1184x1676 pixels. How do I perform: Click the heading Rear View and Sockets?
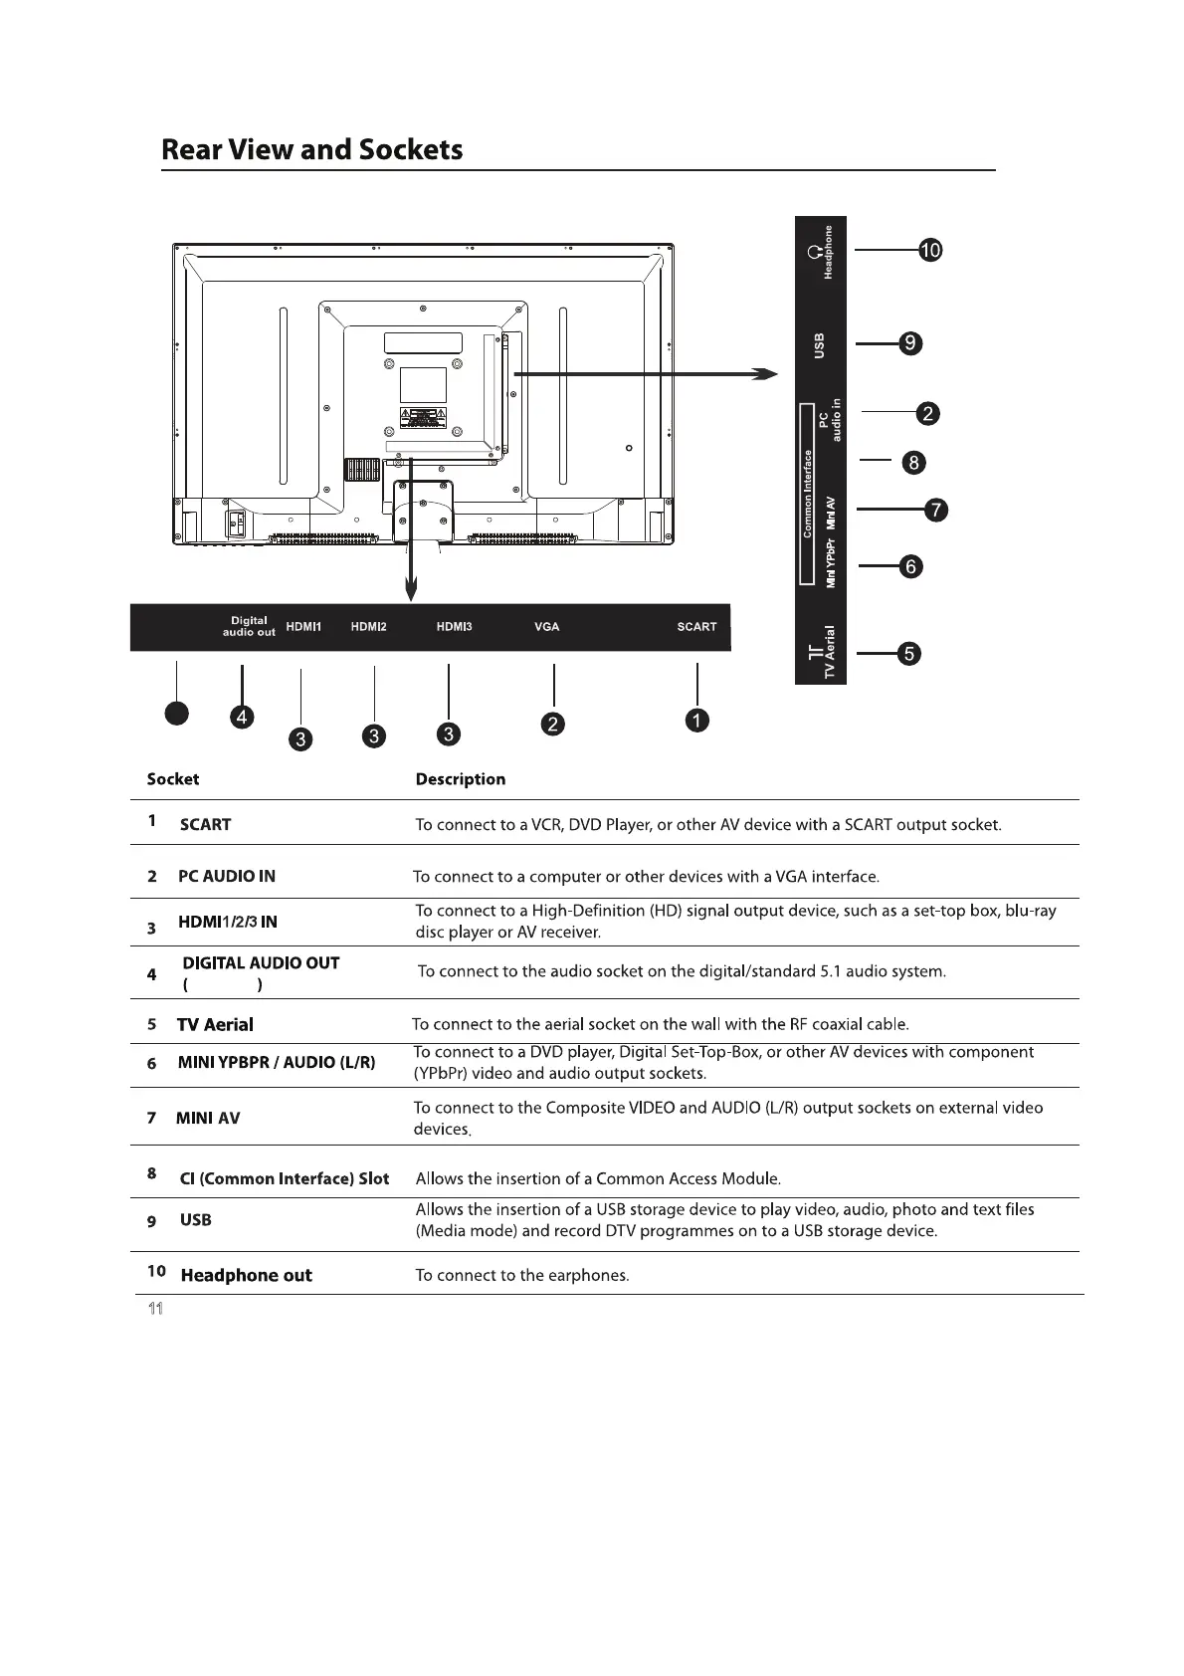pyautogui.click(x=311, y=150)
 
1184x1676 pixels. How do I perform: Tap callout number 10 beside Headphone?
pyautogui.click(x=929, y=251)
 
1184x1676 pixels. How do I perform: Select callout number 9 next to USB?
pyautogui.click(x=909, y=344)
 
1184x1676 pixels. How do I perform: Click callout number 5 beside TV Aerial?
pyautogui.click(x=908, y=654)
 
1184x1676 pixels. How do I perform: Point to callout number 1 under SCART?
pyautogui.click(x=697, y=721)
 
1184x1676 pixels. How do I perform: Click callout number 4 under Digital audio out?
pyautogui.click(x=241, y=717)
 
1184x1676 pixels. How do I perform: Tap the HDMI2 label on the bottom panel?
pyautogui.click(x=368, y=627)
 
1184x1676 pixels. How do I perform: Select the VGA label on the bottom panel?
pyautogui.click(x=546, y=627)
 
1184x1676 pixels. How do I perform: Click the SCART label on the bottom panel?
pyautogui.click(x=696, y=627)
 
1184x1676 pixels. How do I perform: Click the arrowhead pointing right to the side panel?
pyautogui.click(x=764, y=373)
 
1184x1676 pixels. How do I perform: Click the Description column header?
pyautogui.click(x=460, y=779)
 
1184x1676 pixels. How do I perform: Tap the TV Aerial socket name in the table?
pyautogui.click(x=215, y=1024)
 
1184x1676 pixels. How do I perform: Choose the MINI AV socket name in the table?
pyautogui.click(x=208, y=1118)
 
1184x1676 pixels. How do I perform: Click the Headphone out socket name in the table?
pyautogui.click(x=246, y=1275)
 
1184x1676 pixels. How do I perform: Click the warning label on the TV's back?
pyautogui.click(x=423, y=418)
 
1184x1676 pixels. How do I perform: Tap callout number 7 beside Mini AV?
pyautogui.click(x=935, y=511)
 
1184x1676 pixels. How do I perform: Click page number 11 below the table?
pyautogui.click(x=154, y=1308)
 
